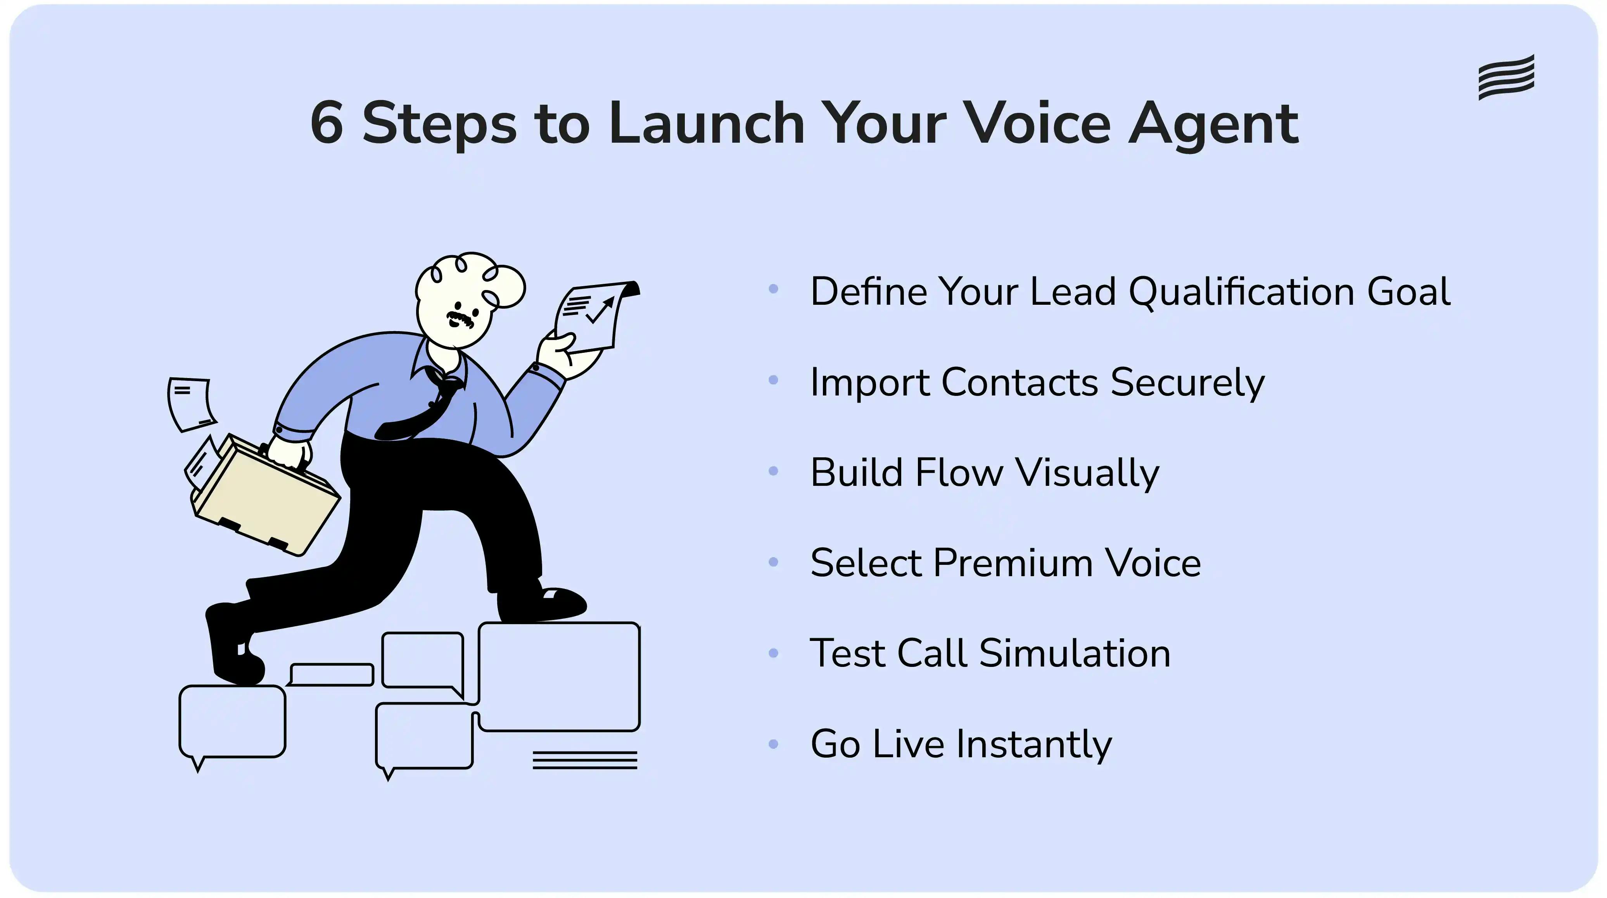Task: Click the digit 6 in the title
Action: click(x=327, y=123)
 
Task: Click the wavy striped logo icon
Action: click(x=1506, y=77)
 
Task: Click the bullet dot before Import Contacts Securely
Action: click(x=774, y=380)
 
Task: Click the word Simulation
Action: click(x=1075, y=654)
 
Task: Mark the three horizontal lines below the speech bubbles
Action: click(x=584, y=760)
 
